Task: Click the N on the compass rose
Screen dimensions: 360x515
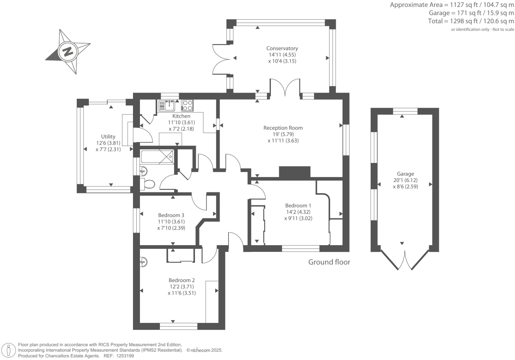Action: click(x=68, y=52)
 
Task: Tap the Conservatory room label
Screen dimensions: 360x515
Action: click(x=282, y=48)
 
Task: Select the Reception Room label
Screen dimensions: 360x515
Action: click(x=283, y=128)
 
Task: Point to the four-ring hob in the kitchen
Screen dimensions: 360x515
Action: click(x=187, y=106)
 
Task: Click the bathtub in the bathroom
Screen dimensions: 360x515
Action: click(x=157, y=157)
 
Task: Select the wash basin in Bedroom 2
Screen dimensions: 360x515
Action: click(x=143, y=262)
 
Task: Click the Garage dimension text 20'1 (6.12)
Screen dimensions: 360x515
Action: click(x=405, y=180)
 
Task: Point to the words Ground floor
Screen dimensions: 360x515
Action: click(x=329, y=262)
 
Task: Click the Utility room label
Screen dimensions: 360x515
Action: click(x=108, y=137)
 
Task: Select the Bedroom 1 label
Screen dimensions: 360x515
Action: click(x=298, y=205)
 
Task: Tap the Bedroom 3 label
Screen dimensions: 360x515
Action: click(x=171, y=215)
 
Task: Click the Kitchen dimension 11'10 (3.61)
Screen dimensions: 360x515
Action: click(x=181, y=122)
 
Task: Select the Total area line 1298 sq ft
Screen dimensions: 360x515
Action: click(x=471, y=21)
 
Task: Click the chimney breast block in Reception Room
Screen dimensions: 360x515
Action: click(x=294, y=172)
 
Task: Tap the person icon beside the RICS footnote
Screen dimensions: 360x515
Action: click(x=9, y=350)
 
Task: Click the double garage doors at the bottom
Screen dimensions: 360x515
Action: click(x=405, y=260)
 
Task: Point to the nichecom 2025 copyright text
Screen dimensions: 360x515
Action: click(x=204, y=350)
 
